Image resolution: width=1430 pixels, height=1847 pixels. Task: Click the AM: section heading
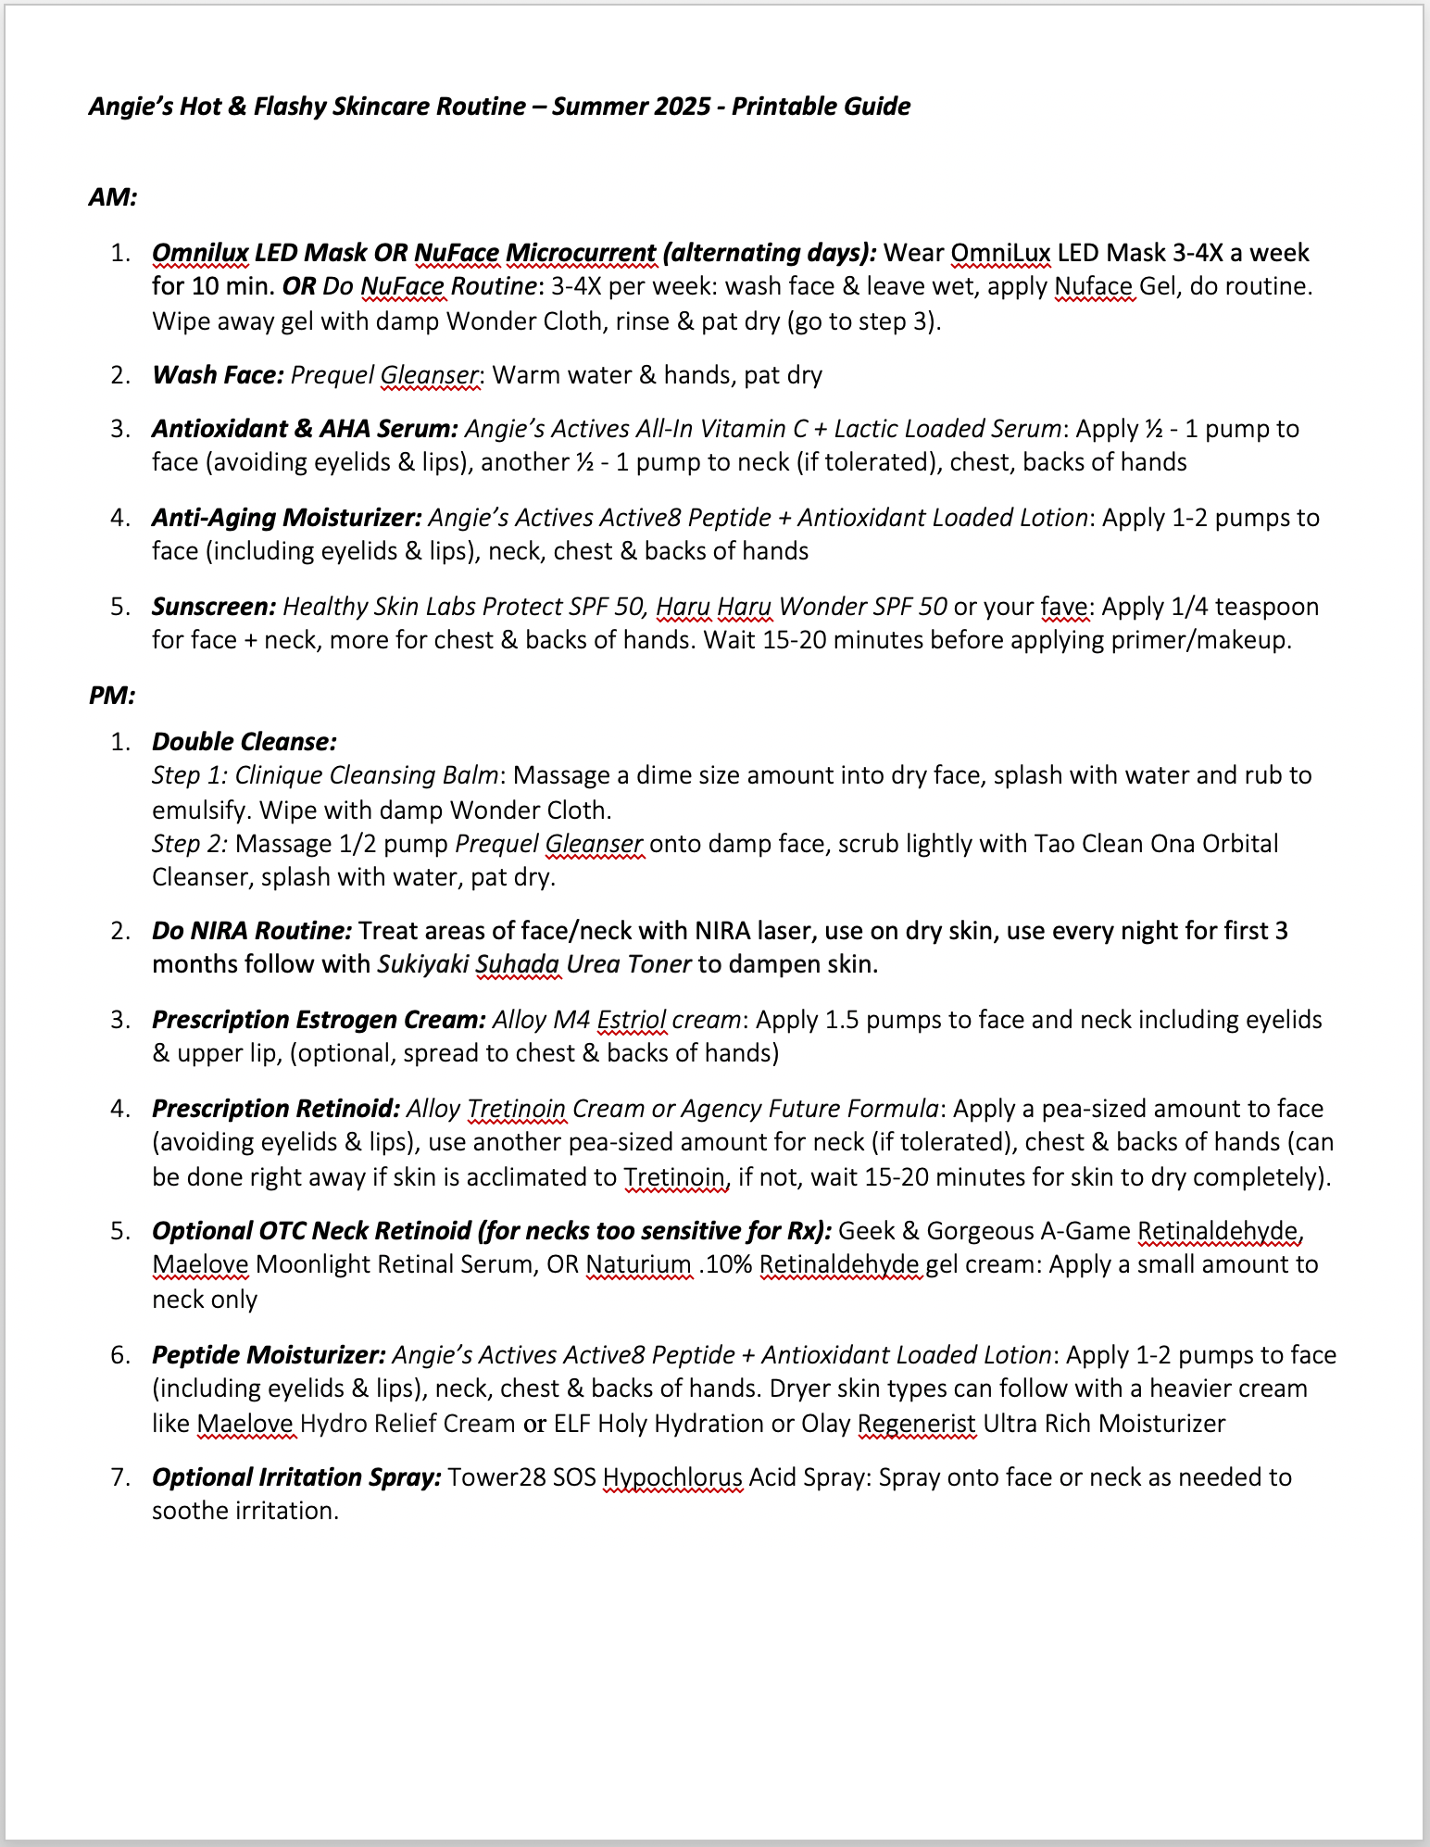113,197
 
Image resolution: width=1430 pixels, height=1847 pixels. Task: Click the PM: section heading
112,695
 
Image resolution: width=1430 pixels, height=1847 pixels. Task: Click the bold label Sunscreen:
214,607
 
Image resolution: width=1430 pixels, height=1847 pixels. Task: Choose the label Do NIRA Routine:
252,931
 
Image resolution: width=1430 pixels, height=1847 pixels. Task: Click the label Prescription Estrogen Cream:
319,1020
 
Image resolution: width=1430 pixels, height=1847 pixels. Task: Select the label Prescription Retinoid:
276,1109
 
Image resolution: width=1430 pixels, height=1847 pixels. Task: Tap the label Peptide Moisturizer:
269,1355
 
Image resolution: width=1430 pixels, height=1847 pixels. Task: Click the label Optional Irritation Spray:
296,1477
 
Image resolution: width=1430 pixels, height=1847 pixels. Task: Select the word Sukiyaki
423,964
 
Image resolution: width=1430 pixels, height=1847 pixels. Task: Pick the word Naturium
639,1264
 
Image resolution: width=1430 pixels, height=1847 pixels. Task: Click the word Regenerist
916,1424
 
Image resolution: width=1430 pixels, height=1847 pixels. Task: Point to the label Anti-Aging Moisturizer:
287,518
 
